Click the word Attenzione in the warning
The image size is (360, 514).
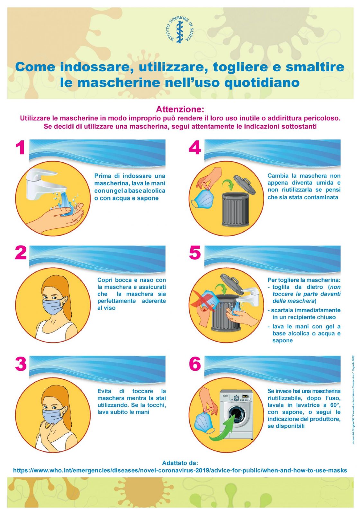[180, 109]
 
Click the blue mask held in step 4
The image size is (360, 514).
[202, 198]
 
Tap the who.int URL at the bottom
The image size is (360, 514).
[180, 470]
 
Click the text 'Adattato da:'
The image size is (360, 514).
[180, 462]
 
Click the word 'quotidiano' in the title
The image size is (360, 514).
[262, 83]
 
